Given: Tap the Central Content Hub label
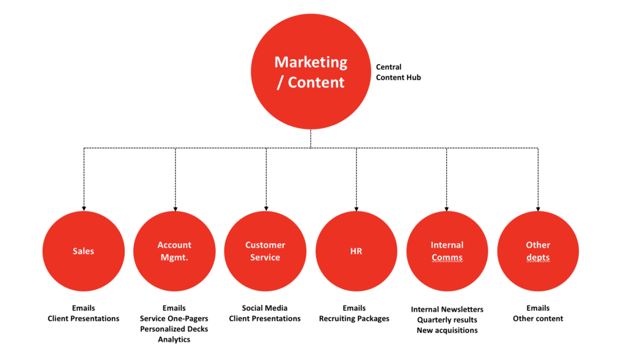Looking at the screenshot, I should pos(398,72).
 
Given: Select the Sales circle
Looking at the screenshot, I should pos(83,251).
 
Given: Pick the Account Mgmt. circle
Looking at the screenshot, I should pos(174,251).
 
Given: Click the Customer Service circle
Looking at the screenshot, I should pos(265,251).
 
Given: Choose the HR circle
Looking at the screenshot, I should pos(356,251).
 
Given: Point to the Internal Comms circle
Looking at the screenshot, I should pos(447,251).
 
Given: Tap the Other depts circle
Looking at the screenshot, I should pos(538,251).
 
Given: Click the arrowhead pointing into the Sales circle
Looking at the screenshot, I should pos(83,208).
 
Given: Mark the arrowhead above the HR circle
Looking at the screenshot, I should pos(356,208).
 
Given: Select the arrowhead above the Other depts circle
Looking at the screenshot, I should pos(538,208).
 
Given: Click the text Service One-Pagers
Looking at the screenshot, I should pos(174,318).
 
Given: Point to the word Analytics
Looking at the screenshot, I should pos(174,339).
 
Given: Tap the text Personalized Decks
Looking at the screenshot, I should pos(174,329).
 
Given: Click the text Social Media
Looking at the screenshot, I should pos(265,308).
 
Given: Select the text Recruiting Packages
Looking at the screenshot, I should pos(354,318).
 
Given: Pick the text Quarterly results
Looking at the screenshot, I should pos(447,320).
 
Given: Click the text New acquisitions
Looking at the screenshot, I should pos(447,330).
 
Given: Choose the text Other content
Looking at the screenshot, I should pos(538,318).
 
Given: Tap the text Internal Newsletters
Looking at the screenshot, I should pos(447,309).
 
